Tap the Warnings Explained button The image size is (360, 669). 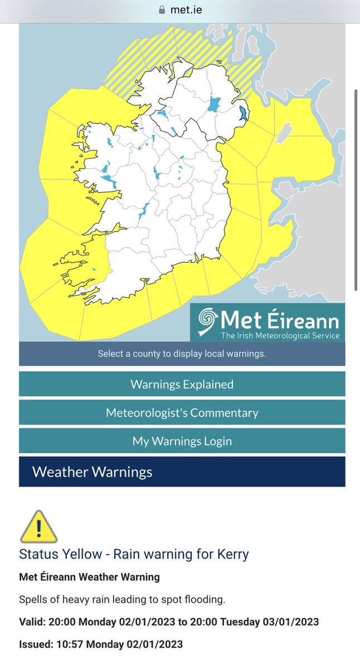pyautogui.click(x=182, y=384)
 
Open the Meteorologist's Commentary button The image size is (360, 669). pyautogui.click(x=182, y=413)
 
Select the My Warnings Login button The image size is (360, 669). pyautogui.click(x=182, y=441)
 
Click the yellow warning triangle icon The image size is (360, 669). pyautogui.click(x=38, y=527)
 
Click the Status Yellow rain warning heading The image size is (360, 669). pyautogui.click(x=134, y=554)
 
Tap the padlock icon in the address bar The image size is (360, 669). pyautogui.click(x=162, y=9)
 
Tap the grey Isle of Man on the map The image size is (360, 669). pyautogui.click(x=285, y=132)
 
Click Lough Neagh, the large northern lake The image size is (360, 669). pyautogui.click(x=213, y=105)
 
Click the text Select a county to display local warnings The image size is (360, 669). pyautogui.click(x=182, y=354)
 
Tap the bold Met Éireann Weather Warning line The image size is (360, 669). pyautogui.click(x=89, y=577)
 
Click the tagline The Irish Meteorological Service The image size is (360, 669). pyautogui.click(x=279, y=335)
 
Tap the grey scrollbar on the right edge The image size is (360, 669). pyautogui.click(x=356, y=190)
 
